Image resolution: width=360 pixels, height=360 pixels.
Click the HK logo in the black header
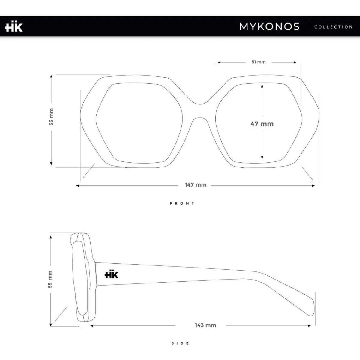pyautogui.click(x=14, y=27)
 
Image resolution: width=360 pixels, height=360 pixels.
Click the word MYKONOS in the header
pyautogui.click(x=269, y=26)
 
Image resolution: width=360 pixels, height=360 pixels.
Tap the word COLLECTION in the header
pyautogui.click(x=333, y=27)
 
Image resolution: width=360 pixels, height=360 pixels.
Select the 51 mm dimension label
pyautogui.click(x=259, y=62)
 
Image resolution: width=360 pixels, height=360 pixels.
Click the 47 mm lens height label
pyautogui.click(x=262, y=124)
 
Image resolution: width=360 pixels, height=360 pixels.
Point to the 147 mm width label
pyautogui.click(x=196, y=185)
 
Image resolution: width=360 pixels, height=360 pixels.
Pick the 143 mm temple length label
pyautogui.click(x=205, y=325)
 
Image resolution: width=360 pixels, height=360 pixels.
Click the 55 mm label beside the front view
pyautogui.click(x=51, y=117)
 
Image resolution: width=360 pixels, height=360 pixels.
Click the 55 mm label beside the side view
pyautogui.click(x=50, y=280)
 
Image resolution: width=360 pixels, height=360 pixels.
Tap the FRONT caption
pyautogui.click(x=182, y=203)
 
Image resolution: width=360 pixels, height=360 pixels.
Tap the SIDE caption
pyautogui.click(x=180, y=343)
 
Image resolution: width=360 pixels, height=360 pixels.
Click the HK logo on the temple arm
pyautogui.click(x=112, y=274)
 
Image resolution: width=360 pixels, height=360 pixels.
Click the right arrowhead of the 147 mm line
pyautogui.click(x=313, y=186)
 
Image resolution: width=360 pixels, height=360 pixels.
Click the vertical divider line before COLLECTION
pyautogui.click(x=310, y=26)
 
